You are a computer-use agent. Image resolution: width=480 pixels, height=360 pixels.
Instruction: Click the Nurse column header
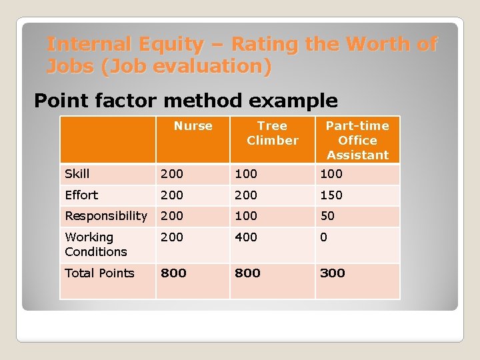[x=193, y=126]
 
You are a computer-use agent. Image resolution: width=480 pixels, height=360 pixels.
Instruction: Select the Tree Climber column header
[x=272, y=133]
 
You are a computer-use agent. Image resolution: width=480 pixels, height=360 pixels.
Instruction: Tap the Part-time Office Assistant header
[x=357, y=141]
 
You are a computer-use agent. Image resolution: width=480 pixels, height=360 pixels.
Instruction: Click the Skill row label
[x=77, y=174]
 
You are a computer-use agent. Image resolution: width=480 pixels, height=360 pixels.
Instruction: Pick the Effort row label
[x=81, y=195]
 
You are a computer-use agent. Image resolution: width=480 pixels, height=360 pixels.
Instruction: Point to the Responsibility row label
[x=105, y=216]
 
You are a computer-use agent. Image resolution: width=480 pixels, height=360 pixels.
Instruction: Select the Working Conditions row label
[x=95, y=245]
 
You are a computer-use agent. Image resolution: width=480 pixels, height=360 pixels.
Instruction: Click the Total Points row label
[x=99, y=273]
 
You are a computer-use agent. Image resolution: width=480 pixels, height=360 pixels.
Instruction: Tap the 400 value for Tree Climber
[x=246, y=237]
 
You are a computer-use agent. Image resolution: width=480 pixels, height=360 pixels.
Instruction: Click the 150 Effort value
[x=331, y=195]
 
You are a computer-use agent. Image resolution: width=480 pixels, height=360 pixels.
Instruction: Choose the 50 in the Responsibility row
[x=327, y=216]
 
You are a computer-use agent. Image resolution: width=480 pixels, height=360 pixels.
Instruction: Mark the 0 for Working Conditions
[x=324, y=237]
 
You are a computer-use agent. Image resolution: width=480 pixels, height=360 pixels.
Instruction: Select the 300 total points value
[x=333, y=273]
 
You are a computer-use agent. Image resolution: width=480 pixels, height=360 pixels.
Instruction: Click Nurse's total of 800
[x=173, y=273]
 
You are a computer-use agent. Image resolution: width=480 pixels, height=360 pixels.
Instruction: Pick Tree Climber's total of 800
[x=247, y=273]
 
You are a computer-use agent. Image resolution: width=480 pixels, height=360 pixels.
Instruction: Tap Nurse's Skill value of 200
[x=171, y=174]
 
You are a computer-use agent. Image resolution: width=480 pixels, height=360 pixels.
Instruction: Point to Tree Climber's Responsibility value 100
[x=246, y=216]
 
